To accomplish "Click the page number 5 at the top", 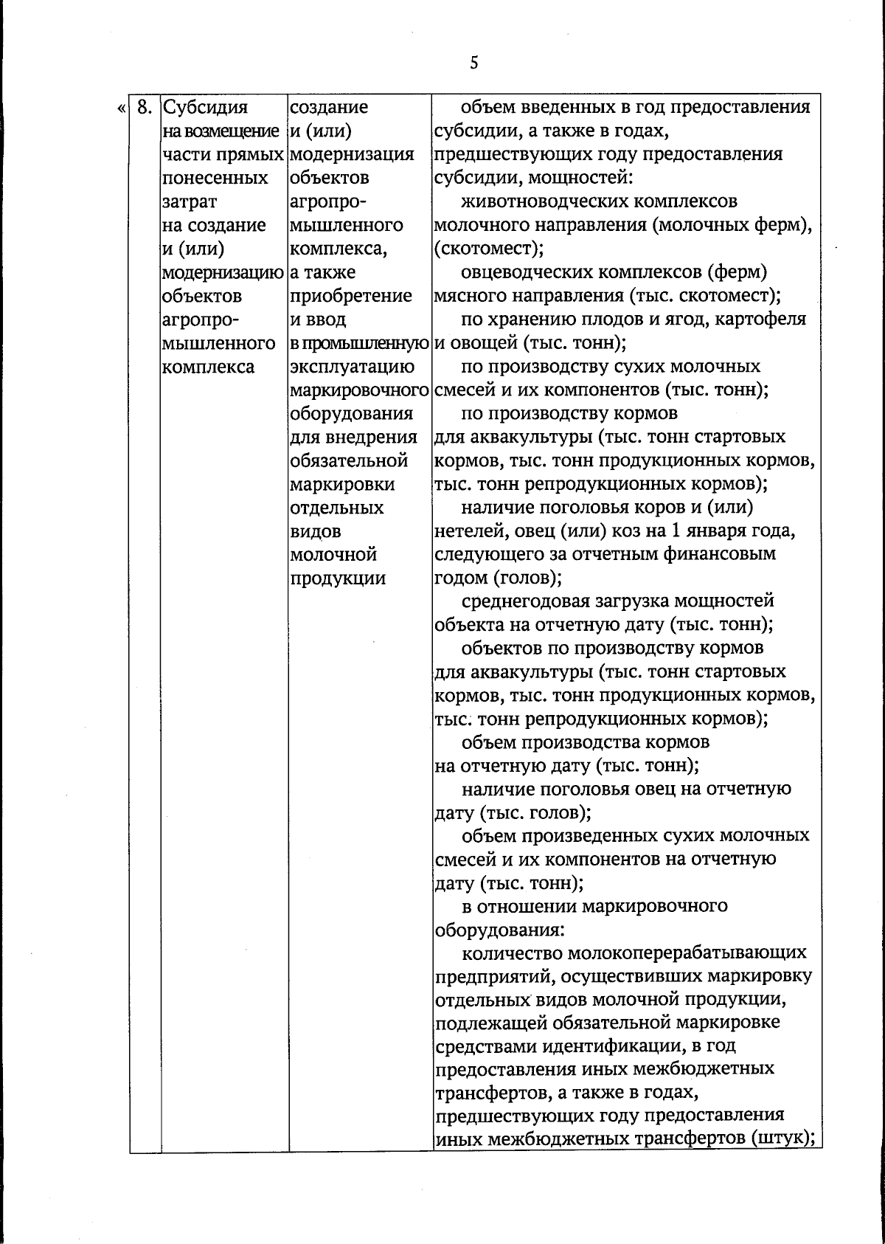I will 473,63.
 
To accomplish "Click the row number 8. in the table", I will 145,108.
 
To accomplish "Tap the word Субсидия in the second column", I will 205,108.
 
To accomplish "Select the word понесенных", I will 215,178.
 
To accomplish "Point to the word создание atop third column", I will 329,108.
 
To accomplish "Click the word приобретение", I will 350,296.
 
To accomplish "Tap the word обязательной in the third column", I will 349,460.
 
